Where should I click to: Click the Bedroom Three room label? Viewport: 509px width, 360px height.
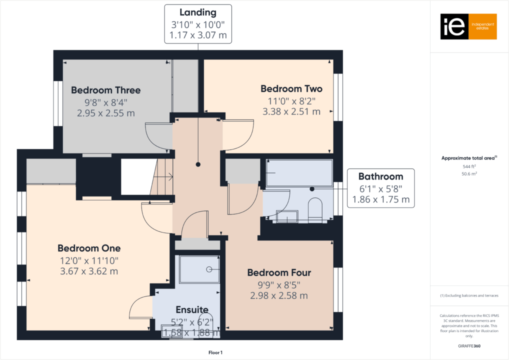[105, 90]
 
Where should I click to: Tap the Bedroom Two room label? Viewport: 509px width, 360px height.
[291, 89]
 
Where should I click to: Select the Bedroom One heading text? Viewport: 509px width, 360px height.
[89, 248]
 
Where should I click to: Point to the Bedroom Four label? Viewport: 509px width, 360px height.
[279, 273]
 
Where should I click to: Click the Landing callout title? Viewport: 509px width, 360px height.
[198, 13]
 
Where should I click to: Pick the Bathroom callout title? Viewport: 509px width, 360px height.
[380, 176]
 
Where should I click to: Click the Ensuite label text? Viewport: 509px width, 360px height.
[192, 310]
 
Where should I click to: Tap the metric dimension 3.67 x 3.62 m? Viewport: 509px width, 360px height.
[89, 271]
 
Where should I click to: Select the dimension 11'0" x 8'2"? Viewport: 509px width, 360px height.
[291, 101]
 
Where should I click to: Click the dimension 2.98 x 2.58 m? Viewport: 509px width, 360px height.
[279, 295]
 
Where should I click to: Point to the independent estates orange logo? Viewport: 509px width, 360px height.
[468, 26]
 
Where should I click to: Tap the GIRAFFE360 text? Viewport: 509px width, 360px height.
[469, 345]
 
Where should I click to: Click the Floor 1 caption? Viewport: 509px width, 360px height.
[215, 353]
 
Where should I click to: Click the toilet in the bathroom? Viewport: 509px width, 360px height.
[314, 210]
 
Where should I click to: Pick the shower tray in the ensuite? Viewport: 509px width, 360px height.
[199, 269]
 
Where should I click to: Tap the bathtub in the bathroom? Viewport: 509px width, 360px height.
[298, 173]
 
